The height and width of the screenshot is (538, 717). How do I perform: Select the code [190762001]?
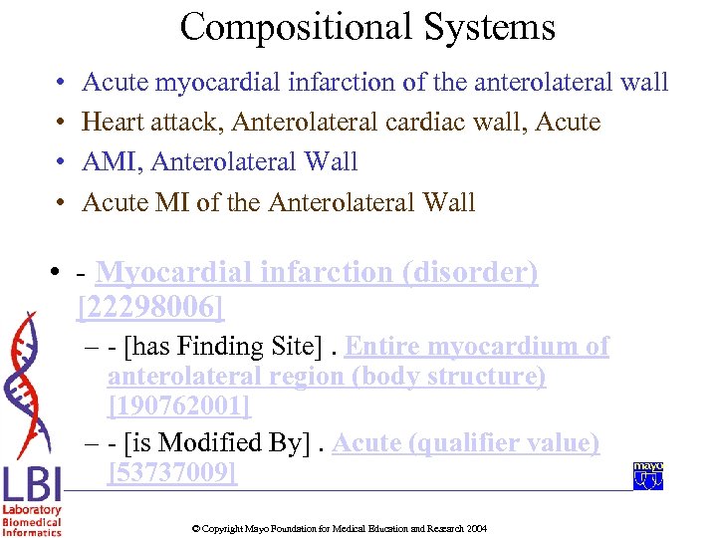pos(179,406)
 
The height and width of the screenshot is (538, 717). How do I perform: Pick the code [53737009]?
pos(171,473)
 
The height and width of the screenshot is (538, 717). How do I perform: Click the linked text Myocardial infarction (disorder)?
pos(317,272)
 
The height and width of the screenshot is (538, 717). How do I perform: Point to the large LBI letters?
pos(31,486)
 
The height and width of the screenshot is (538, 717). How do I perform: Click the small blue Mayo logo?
pos(648,476)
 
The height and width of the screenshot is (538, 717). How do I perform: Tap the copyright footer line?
pos(339,528)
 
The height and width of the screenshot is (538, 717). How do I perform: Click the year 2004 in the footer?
pos(477,528)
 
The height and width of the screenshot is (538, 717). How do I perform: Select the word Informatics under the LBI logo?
pos(31,532)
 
